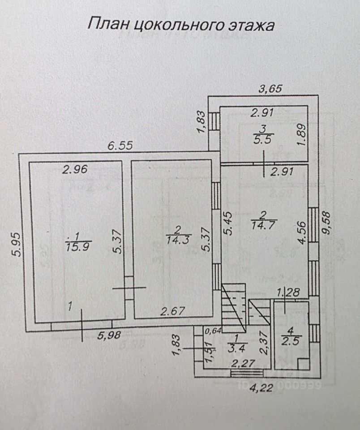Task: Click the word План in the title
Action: [106, 24]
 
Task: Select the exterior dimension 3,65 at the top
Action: [271, 89]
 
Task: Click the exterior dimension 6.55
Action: [122, 146]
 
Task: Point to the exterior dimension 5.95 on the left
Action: [13, 244]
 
